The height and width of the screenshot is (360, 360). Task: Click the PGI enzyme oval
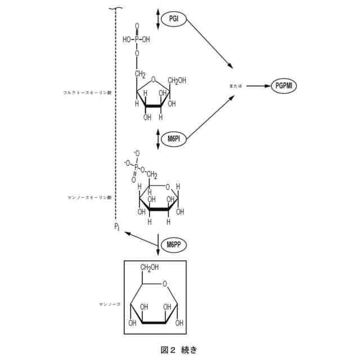174,19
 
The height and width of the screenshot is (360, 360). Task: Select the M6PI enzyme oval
173,138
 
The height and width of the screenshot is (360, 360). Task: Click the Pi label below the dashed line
117,227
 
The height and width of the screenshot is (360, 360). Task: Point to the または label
236,86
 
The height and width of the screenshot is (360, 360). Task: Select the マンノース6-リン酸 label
89,197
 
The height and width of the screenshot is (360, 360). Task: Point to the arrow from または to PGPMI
258,86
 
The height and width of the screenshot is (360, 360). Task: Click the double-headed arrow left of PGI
158,19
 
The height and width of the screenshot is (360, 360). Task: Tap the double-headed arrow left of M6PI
158,138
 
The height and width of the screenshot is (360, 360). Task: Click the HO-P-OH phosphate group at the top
136,40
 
